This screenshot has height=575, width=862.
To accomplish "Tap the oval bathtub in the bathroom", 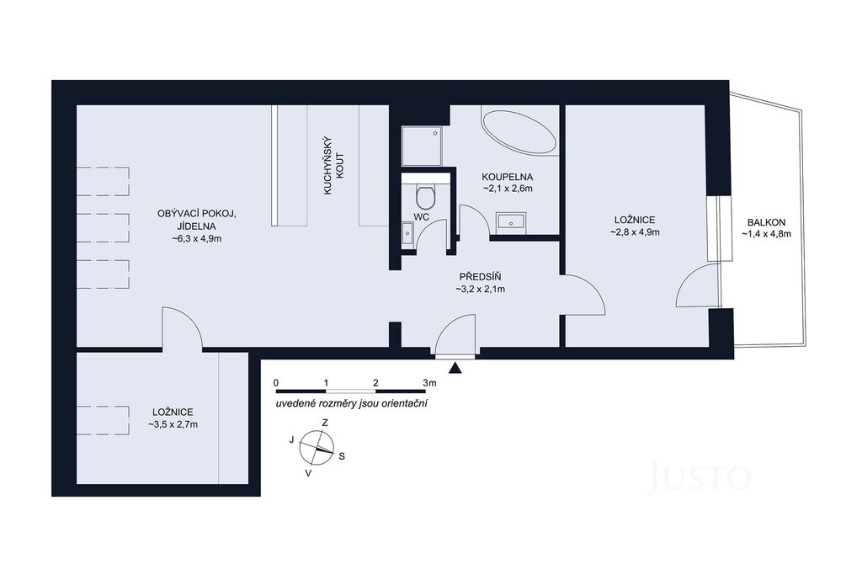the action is tap(519, 132).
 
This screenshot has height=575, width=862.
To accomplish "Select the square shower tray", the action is tap(422, 146).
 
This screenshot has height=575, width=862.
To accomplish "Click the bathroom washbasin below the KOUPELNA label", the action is tap(511, 221).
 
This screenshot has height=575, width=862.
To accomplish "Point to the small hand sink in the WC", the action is tap(407, 234).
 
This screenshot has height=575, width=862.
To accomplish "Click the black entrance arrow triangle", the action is tap(455, 368).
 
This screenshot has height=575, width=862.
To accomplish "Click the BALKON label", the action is tap(766, 222).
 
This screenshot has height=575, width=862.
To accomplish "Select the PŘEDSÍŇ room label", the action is tap(481, 277).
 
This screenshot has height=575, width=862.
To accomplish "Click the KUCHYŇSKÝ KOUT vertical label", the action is tap(333, 166).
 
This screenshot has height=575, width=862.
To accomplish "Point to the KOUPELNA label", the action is tap(508, 177).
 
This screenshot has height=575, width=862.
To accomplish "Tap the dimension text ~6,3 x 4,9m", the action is tap(197, 238).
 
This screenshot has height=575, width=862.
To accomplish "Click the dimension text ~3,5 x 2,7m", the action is tap(173, 424).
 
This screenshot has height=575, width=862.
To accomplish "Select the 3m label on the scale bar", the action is tap(429, 382).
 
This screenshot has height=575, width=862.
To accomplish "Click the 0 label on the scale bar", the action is tap(276, 382).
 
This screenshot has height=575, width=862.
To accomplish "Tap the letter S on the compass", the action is tap(342, 456).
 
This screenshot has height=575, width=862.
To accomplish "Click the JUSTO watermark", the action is tap(699, 478).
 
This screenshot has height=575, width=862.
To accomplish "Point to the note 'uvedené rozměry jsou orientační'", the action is tap(352, 403).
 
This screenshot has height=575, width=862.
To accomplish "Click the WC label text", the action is tap(422, 217).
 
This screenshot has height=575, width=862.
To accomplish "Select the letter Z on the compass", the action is tap(325, 423).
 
